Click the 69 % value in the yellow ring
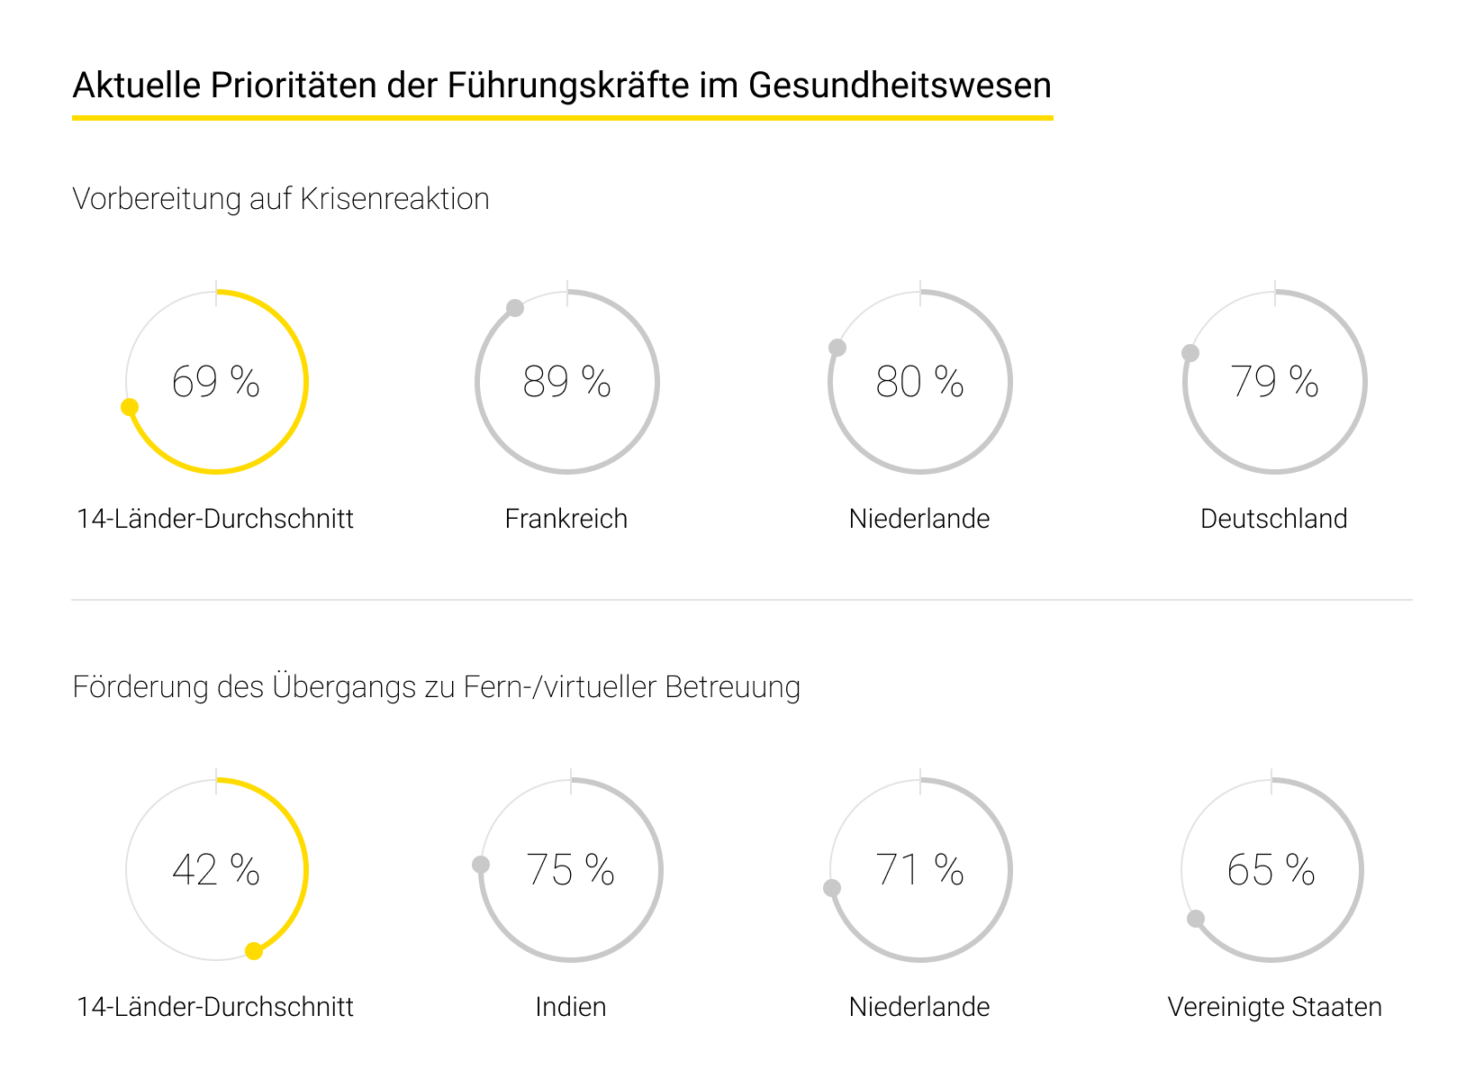(215, 382)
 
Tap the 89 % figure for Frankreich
(566, 382)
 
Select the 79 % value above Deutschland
(1274, 382)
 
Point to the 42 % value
(215, 870)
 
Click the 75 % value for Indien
(570, 870)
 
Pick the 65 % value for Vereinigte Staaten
(1271, 870)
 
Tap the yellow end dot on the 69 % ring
(130, 407)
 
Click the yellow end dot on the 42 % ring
(254, 951)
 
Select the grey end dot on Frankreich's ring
(515, 308)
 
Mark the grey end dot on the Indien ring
(481, 865)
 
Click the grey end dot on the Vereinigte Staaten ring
(1196, 919)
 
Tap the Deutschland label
(1273, 519)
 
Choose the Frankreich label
(566, 519)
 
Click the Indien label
(570, 1007)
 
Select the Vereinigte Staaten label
(1274, 1007)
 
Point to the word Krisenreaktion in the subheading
(394, 199)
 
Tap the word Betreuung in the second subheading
(732, 687)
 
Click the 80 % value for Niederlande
(919, 382)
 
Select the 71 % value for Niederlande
(919, 870)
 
